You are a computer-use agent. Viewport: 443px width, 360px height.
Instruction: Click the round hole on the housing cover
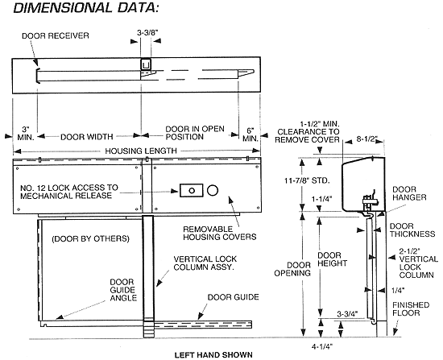pos(213,191)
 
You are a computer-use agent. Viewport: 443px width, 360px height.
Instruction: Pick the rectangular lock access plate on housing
pos(193,191)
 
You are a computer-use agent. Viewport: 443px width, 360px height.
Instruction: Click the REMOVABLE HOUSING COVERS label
pos(219,232)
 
